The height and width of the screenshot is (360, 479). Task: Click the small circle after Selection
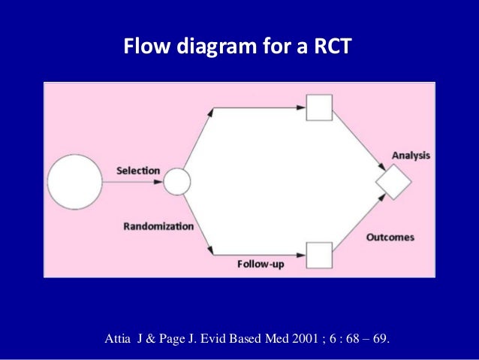(177, 182)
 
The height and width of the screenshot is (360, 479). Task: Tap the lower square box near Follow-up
(320, 256)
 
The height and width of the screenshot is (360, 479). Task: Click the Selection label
(138, 171)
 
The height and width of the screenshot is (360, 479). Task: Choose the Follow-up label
(261, 264)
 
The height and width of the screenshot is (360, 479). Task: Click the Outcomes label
(390, 237)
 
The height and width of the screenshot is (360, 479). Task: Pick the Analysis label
(411, 156)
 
